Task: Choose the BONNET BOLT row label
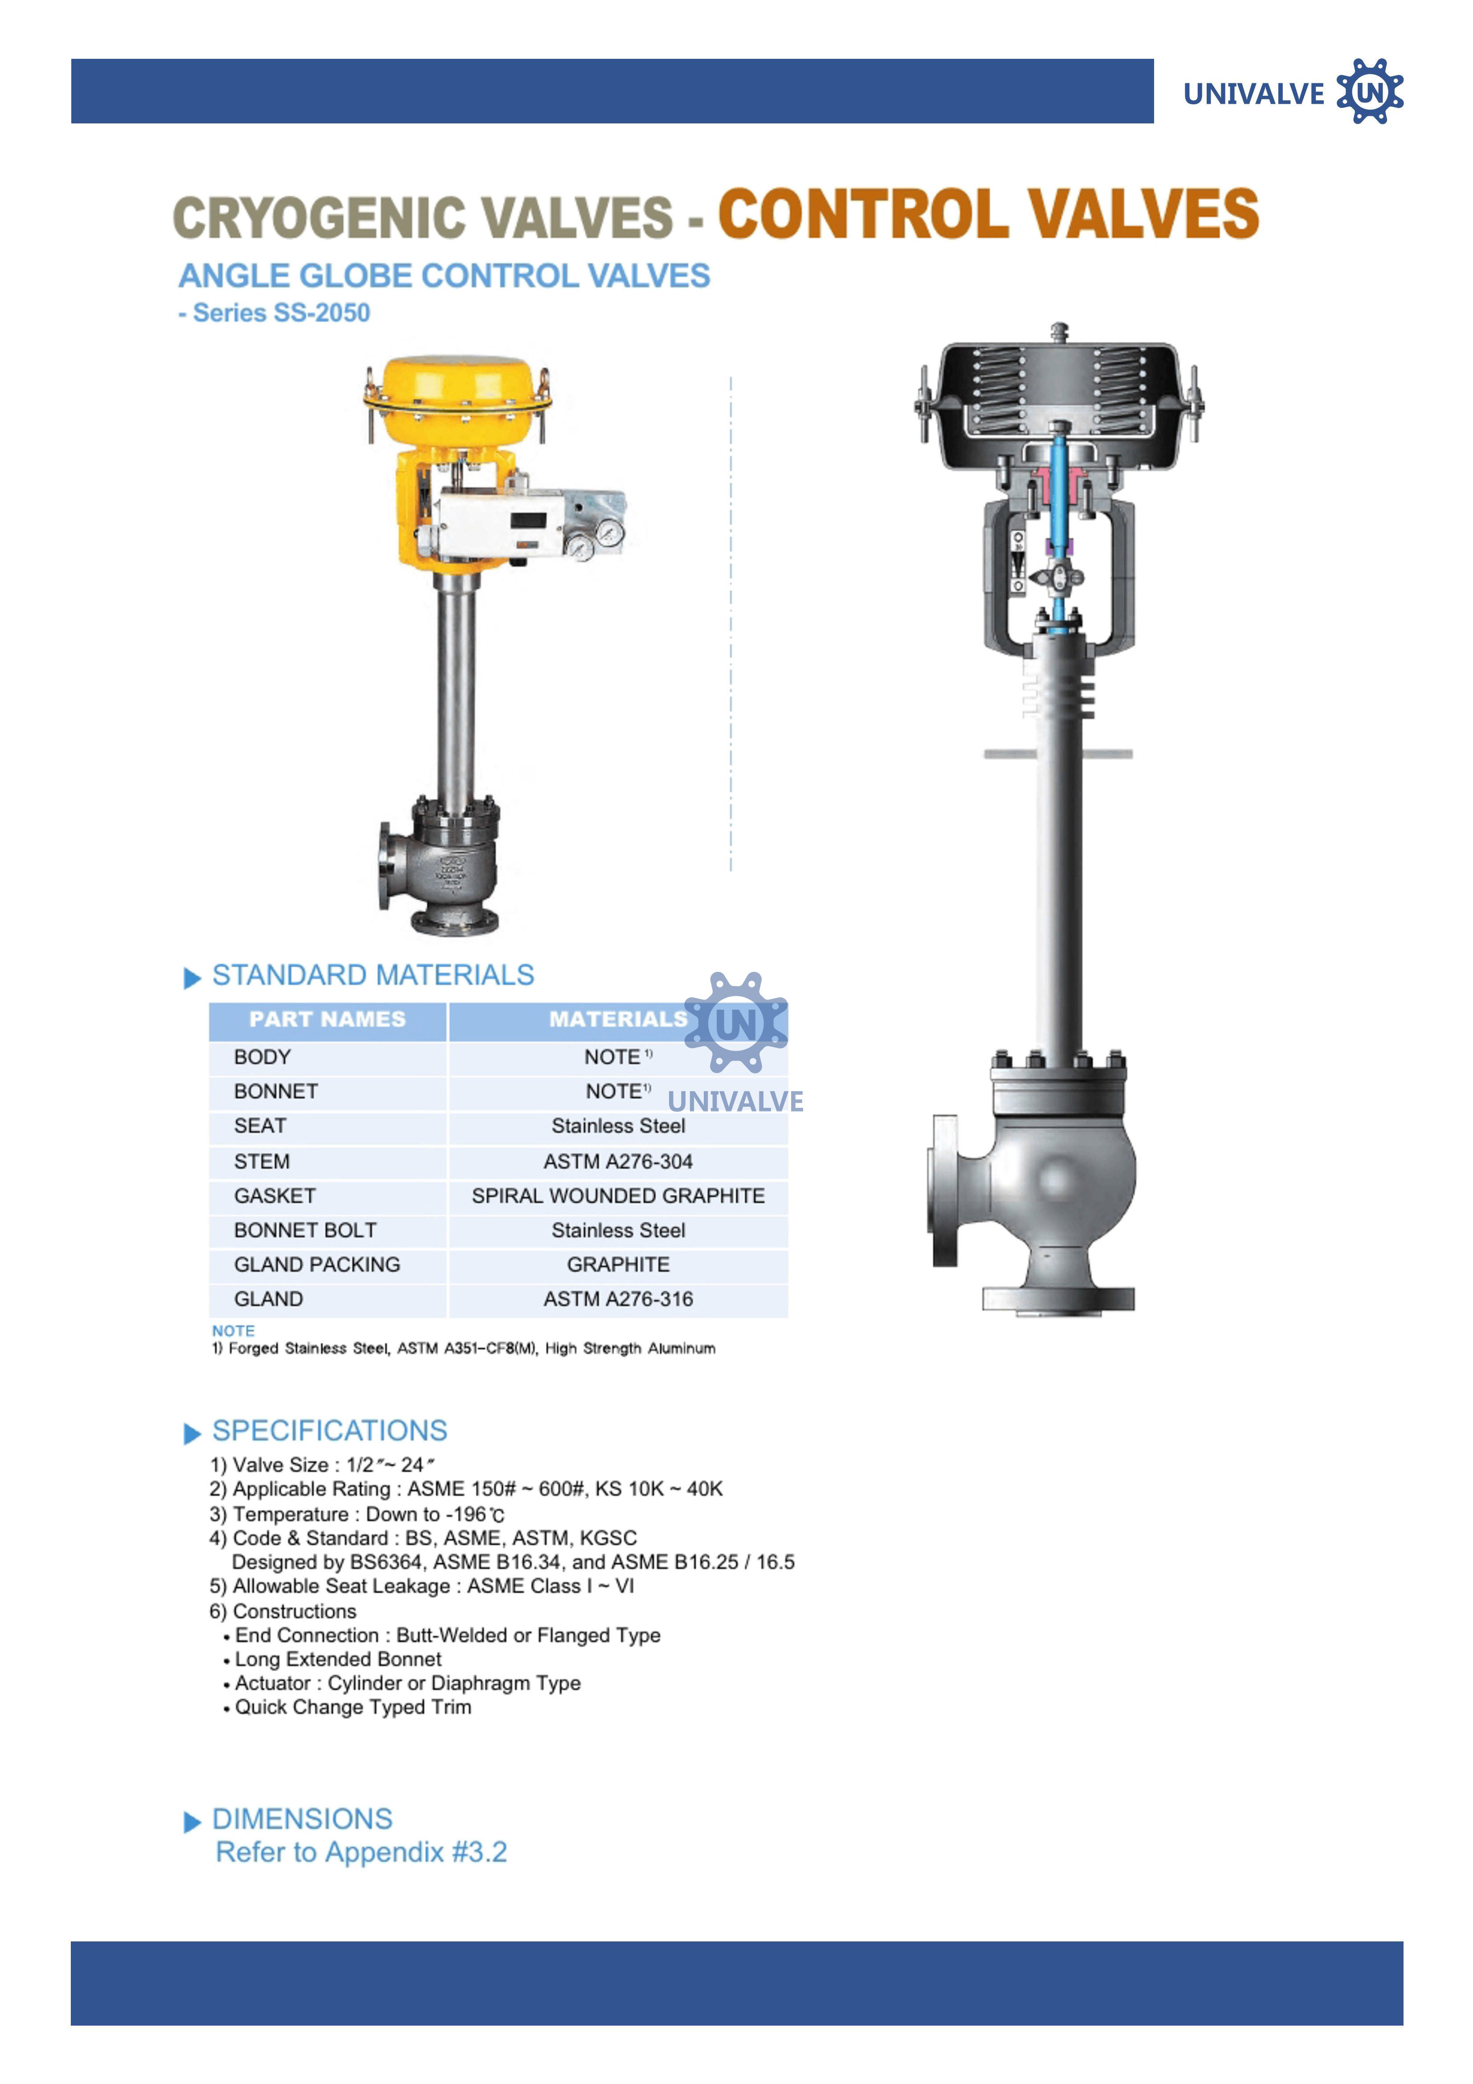[305, 1231]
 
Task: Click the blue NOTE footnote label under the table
[233, 1331]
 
